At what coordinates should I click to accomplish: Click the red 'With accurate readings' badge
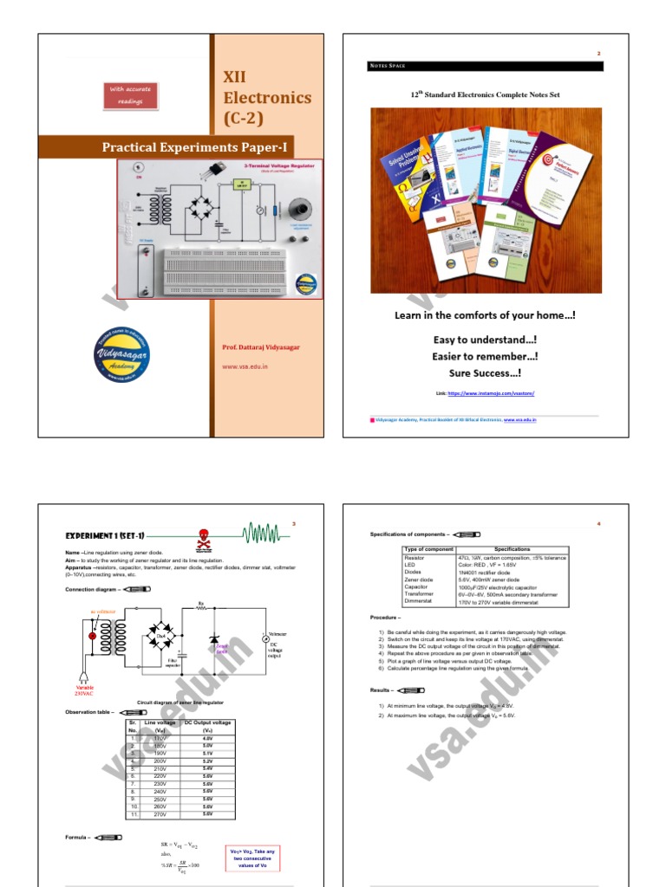[x=132, y=96]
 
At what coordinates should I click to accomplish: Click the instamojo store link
[x=490, y=393]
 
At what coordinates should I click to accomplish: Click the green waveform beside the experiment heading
[x=265, y=532]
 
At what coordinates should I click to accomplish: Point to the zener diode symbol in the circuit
[x=214, y=639]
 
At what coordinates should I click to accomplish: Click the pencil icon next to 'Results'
[x=410, y=690]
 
